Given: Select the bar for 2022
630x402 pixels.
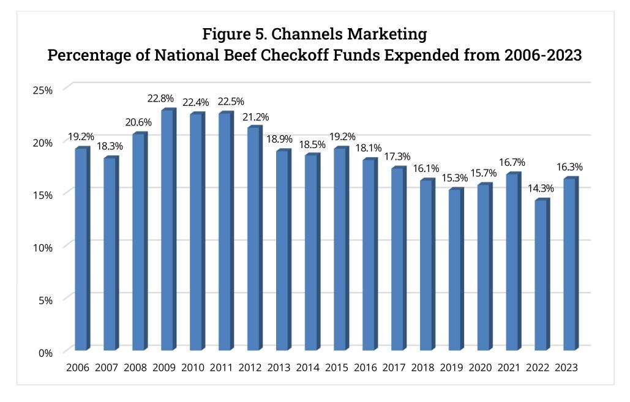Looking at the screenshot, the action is (x=542, y=274).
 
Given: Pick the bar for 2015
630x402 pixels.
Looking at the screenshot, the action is (x=341, y=248).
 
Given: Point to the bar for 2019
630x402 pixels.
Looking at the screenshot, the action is (x=456, y=269).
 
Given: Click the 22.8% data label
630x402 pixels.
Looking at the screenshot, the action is (x=160, y=98).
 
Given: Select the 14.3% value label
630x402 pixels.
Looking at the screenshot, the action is (x=541, y=188).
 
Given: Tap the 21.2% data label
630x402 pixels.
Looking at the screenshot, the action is (x=255, y=117).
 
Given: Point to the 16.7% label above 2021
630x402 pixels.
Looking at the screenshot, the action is (x=512, y=162).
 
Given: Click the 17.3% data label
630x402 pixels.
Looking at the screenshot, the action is (x=397, y=156).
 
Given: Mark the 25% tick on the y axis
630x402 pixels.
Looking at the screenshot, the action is (x=43, y=90).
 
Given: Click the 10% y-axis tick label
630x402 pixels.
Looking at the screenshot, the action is (x=43, y=248).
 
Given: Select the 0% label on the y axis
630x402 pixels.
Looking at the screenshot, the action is (x=45, y=353).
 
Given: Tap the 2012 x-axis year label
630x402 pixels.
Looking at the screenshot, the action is (x=250, y=368).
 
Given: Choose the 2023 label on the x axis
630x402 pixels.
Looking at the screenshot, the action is (x=566, y=368).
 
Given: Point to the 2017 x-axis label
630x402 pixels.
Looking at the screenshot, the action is (x=394, y=368).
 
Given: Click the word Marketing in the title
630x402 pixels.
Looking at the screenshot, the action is (x=387, y=34).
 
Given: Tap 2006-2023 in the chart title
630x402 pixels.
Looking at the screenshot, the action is (x=543, y=54).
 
